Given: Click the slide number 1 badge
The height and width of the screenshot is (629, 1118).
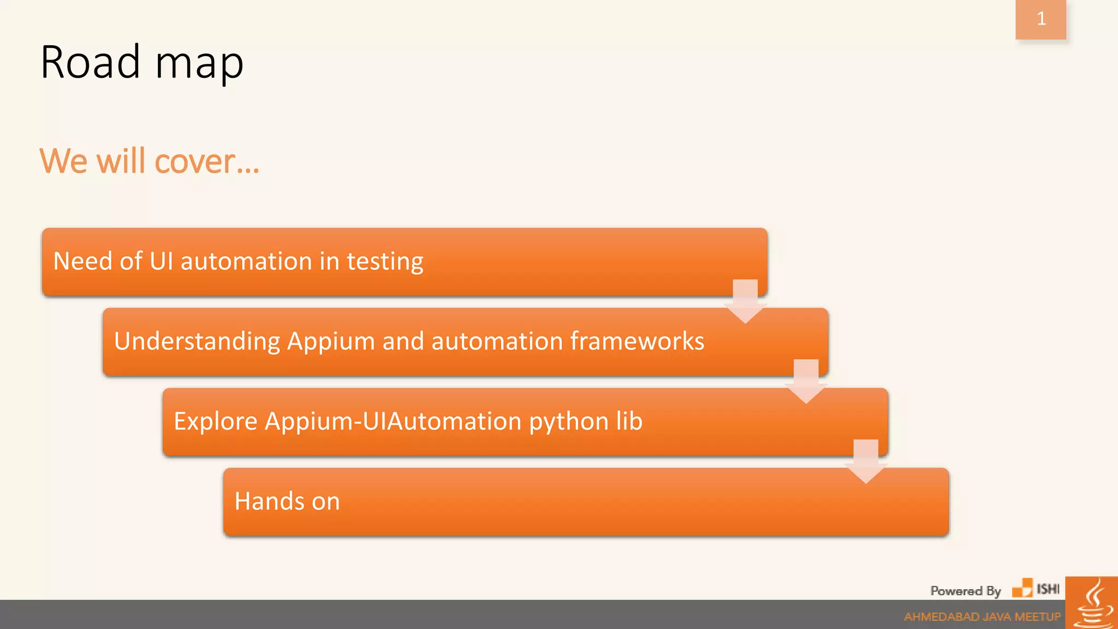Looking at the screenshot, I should (1040, 19).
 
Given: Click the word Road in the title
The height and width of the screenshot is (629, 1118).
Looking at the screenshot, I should (91, 62).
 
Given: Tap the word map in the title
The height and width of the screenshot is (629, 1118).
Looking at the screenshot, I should (199, 64).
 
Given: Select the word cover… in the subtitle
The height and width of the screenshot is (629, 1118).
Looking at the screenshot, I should (207, 162).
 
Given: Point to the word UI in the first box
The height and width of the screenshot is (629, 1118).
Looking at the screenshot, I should (162, 261).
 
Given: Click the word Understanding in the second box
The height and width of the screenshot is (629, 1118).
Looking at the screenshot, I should (197, 342).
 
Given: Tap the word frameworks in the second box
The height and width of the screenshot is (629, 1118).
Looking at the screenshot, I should (637, 341).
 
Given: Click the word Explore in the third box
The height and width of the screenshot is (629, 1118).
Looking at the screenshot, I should (216, 422).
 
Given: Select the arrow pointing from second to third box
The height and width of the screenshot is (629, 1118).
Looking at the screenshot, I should (806, 381).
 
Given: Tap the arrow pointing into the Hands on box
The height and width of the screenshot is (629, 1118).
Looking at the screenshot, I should (866, 461).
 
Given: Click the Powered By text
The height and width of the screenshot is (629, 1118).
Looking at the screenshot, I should (965, 591).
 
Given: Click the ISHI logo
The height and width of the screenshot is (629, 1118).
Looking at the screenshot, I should (1036, 589).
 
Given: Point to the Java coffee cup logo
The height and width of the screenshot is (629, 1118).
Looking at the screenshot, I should (1092, 604).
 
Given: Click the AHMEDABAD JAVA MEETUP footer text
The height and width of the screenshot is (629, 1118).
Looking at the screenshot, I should (982, 617).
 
